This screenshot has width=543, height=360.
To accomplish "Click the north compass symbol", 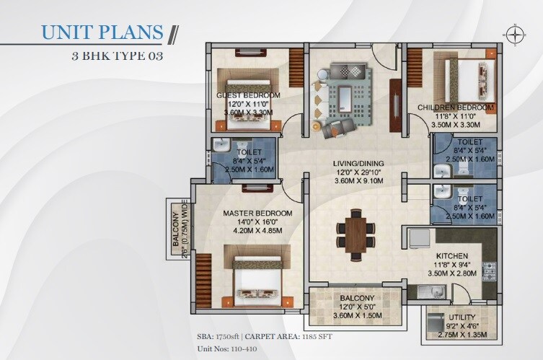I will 514,32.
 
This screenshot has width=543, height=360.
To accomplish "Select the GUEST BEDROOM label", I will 248,95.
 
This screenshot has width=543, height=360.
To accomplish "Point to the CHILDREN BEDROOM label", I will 456,107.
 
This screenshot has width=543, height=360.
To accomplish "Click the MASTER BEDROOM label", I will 257,214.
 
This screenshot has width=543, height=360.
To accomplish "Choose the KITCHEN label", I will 452,256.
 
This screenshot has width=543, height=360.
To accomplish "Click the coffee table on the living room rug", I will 346,96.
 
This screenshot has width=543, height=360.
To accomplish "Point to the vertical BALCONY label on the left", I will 175,230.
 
